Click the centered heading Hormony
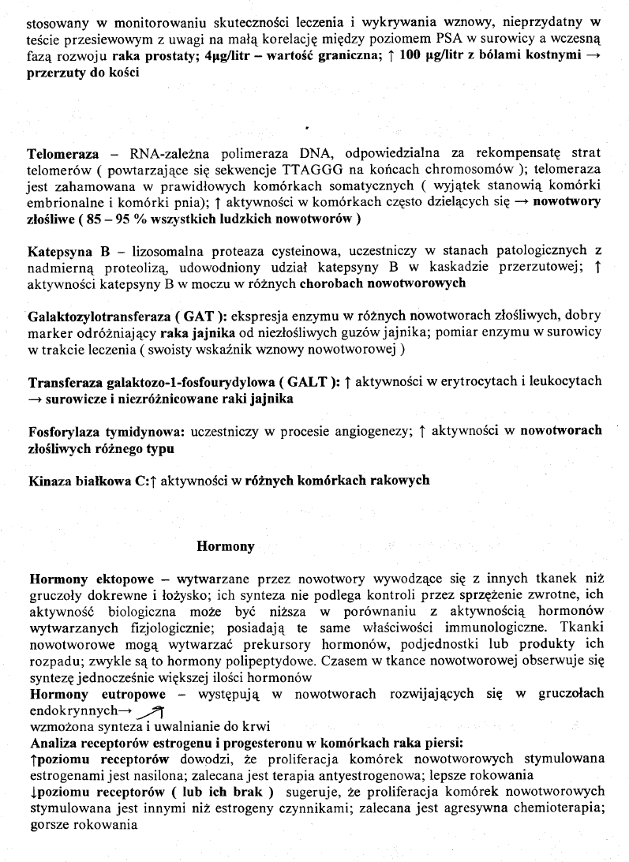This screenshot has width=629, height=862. pyautogui.click(x=226, y=545)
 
